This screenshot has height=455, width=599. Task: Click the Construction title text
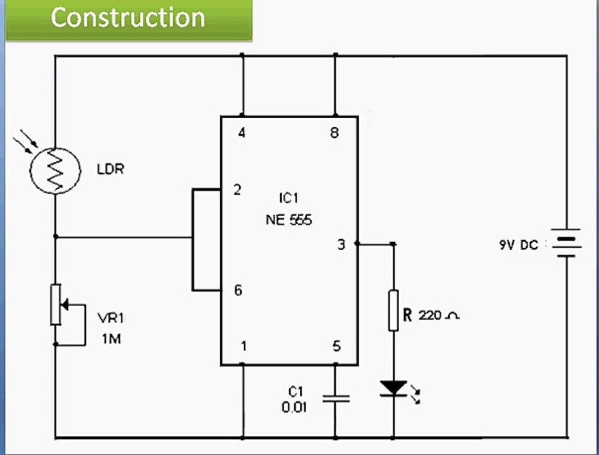pos(128,18)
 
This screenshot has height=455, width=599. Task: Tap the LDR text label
pos(110,169)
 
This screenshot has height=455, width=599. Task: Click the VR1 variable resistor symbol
pos(56,305)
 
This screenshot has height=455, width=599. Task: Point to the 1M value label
pos(111,339)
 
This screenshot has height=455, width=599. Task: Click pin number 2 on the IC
pos(237,190)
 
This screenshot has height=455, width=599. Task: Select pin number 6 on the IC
pos(237,291)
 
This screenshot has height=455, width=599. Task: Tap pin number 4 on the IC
pos(242,133)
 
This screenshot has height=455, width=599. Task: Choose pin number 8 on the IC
pos(335,133)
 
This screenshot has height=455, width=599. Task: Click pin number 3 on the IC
pos(341,244)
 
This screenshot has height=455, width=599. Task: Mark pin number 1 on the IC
pos(244,346)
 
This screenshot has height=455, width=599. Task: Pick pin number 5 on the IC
pos(336,346)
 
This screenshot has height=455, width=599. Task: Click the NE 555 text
pos(289,220)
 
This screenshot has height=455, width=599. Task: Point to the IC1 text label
pos(288,199)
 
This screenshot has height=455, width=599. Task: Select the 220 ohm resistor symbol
pos(393,310)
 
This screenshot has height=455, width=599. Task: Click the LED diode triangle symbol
pos(393,388)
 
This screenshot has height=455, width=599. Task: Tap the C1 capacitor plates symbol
pos(335,398)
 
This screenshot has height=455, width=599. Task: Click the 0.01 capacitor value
pos(295,408)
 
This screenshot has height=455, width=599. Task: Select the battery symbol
pos(566,243)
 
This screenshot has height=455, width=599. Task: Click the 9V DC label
pos(518,245)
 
